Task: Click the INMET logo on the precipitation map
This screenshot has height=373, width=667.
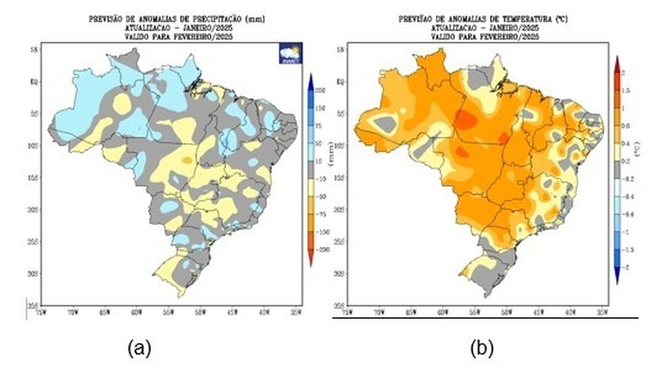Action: [291, 54]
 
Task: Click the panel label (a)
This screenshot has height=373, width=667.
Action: [139, 349]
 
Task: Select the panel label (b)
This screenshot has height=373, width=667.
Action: [483, 349]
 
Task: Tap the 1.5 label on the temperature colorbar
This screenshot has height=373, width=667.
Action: [626, 90]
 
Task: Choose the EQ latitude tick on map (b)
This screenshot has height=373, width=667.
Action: [340, 81]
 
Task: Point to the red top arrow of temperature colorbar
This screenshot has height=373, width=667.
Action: [618, 62]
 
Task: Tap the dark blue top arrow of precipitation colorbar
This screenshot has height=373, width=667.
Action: [310, 79]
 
